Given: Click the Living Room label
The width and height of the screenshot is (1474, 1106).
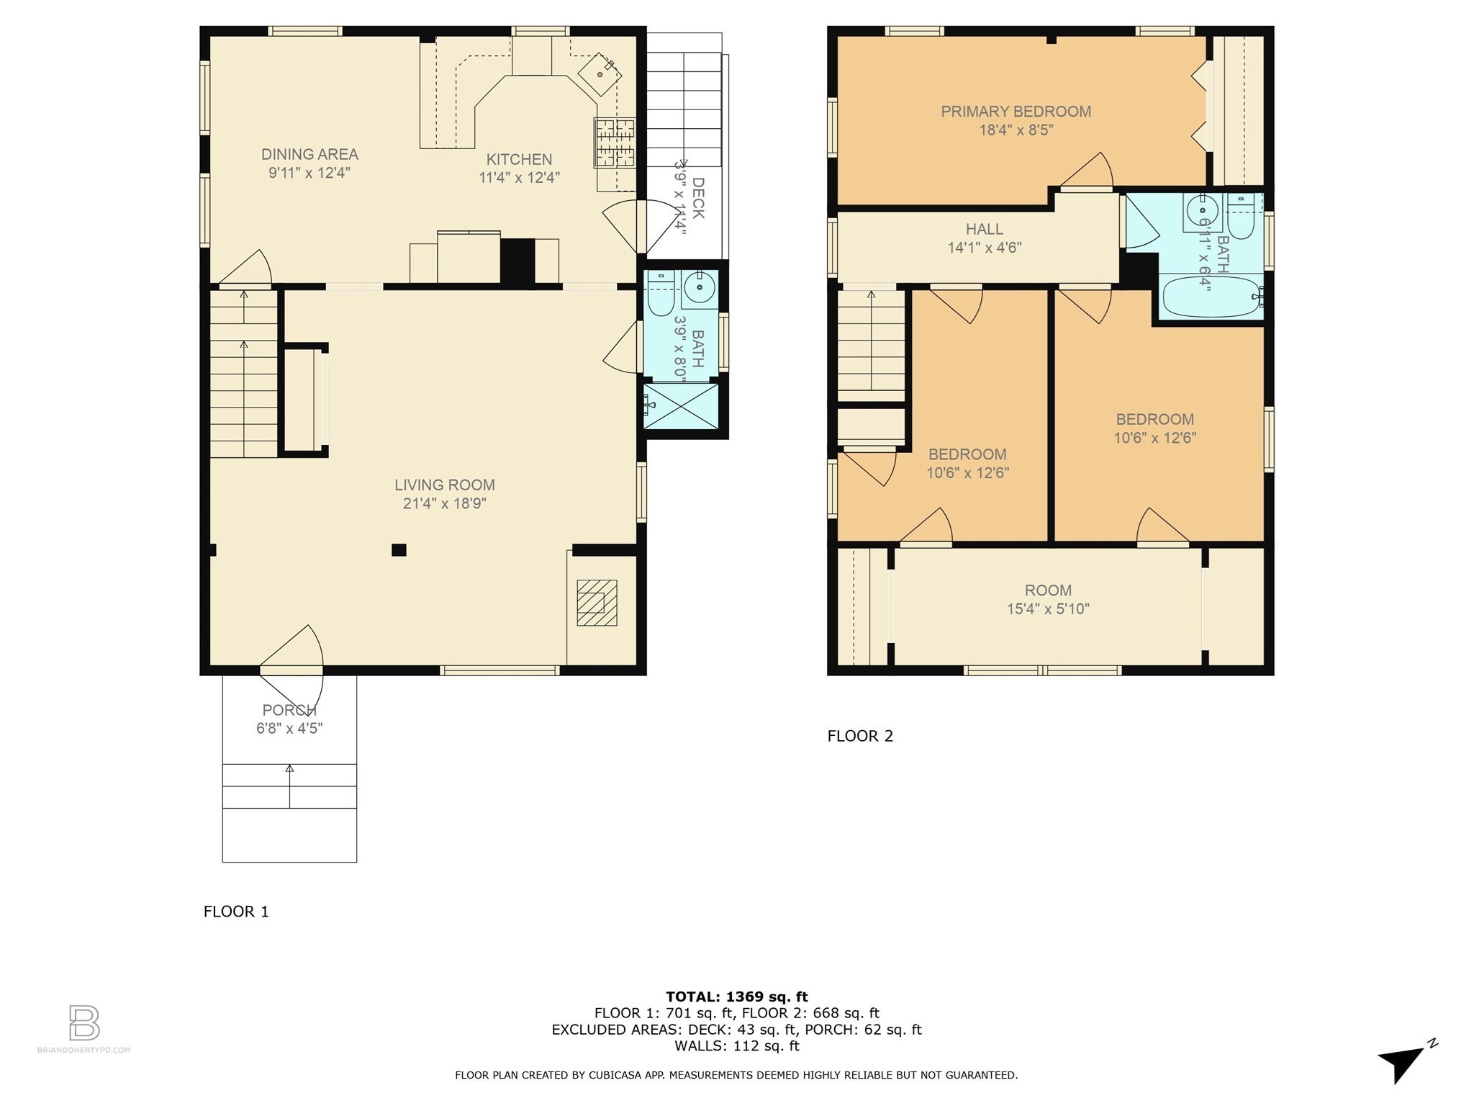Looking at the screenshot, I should (444, 485).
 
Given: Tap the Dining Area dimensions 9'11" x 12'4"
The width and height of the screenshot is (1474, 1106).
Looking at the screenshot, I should (309, 173).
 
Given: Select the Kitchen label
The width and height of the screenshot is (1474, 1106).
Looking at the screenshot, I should (519, 159).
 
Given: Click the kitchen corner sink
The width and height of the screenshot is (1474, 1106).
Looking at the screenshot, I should (600, 73).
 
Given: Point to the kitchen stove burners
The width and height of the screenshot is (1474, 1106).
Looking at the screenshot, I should (615, 143).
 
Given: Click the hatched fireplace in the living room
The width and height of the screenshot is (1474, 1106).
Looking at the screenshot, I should (597, 603).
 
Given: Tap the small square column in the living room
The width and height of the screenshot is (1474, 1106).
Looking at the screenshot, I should (399, 550).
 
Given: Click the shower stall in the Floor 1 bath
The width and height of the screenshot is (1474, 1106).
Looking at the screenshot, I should (680, 406).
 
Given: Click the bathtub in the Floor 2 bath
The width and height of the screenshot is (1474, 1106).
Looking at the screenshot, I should (1211, 297).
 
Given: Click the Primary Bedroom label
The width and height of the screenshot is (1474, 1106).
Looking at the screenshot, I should (1016, 112).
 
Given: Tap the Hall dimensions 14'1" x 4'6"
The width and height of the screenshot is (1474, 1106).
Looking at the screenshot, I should (984, 248).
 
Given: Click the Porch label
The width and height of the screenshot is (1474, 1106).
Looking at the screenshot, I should (289, 710).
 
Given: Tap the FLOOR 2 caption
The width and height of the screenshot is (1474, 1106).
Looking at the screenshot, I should (860, 736).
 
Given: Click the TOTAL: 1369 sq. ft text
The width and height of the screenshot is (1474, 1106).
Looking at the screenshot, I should (736, 997).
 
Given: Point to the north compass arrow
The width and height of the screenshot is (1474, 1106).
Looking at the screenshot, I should (1403, 1063).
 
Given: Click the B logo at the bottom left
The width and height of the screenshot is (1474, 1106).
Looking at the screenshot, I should (83, 1022).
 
